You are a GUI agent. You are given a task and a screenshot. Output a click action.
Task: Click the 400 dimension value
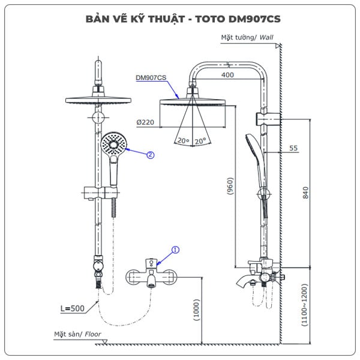click(227, 75)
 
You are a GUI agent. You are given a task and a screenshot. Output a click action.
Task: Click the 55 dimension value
click(293, 148)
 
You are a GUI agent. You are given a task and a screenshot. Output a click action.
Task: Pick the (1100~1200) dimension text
click(305, 305)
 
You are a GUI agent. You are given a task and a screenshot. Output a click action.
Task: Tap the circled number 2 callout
click(151, 154)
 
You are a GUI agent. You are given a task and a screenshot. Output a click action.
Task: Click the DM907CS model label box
click(151, 77)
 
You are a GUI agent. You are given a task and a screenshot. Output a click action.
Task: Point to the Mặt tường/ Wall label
click(247, 37)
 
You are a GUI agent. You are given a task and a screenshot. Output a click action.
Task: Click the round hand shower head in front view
click(114, 144)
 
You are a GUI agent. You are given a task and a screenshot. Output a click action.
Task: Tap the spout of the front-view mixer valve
click(149, 281)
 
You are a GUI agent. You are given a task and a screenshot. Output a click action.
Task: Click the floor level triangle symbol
click(104, 342)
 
